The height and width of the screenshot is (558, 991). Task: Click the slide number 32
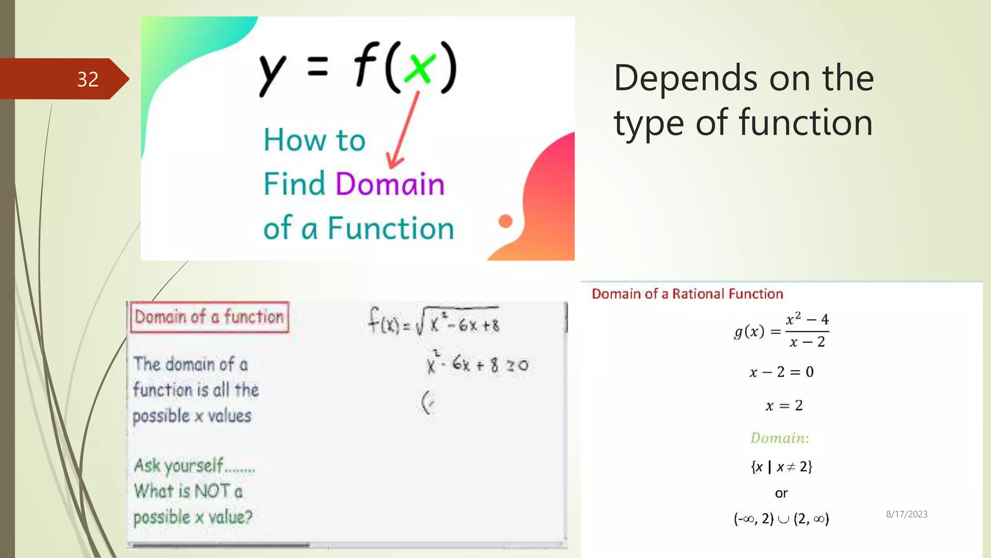[88, 79]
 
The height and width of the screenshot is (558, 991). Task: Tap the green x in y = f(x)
[419, 68]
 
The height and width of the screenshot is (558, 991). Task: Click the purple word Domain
[390, 185]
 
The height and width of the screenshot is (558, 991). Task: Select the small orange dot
[505, 221]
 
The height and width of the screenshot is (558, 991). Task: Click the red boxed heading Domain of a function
[210, 317]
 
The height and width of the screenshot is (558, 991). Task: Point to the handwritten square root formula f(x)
[434, 322]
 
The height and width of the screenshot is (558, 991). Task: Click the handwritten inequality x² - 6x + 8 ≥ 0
[477, 364]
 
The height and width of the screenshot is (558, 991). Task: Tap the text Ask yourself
[179, 465]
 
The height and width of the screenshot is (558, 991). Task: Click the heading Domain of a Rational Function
[687, 294]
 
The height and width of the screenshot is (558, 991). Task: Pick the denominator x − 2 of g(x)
[807, 342]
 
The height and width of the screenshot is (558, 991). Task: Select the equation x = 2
[784, 405]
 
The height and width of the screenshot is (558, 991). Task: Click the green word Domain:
[780, 438]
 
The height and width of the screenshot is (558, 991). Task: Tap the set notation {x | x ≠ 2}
[781, 467]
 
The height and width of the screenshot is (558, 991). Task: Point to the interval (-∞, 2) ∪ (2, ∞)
[781, 519]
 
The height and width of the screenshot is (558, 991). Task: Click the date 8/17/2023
[906, 514]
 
